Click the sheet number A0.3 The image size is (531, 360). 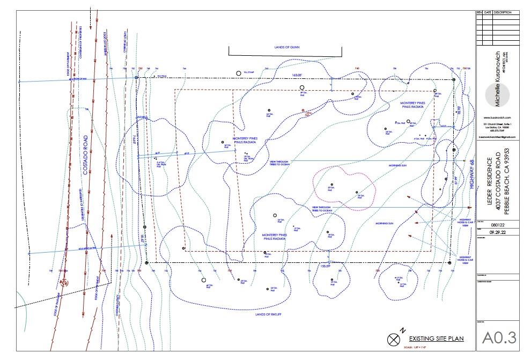click(x=498, y=337)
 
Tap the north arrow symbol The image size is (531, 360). click(x=394, y=339)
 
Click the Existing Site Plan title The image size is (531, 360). click(x=436, y=339)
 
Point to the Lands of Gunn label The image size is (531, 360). click(x=286, y=47)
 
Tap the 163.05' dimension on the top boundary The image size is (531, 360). click(x=298, y=75)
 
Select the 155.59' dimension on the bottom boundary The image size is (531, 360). click(x=325, y=266)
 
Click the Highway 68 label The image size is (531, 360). click(x=473, y=174)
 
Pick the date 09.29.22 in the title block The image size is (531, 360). click(x=497, y=234)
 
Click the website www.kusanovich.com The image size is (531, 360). click(x=497, y=117)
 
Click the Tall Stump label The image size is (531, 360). click(x=247, y=72)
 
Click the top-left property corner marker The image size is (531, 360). click(x=137, y=78)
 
